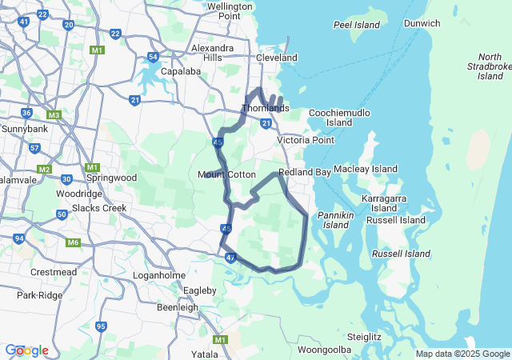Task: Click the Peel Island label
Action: pos(357,25)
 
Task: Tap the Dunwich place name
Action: pos(422,23)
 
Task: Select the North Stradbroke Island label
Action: pos(489,66)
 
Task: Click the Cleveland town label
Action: pos(276,58)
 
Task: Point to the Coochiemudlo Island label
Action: pos(339,118)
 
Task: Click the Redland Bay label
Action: pos(305,173)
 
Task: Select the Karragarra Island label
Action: pos(383,202)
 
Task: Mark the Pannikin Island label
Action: pos(336,220)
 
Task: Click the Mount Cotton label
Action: pos(226,174)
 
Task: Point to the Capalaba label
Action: pos(180,71)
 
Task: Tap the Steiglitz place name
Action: pos(364,337)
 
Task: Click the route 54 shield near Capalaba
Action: pos(153,57)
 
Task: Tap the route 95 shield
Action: pos(101,326)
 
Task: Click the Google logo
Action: pos(26,350)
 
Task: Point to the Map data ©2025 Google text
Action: pos(462,354)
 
